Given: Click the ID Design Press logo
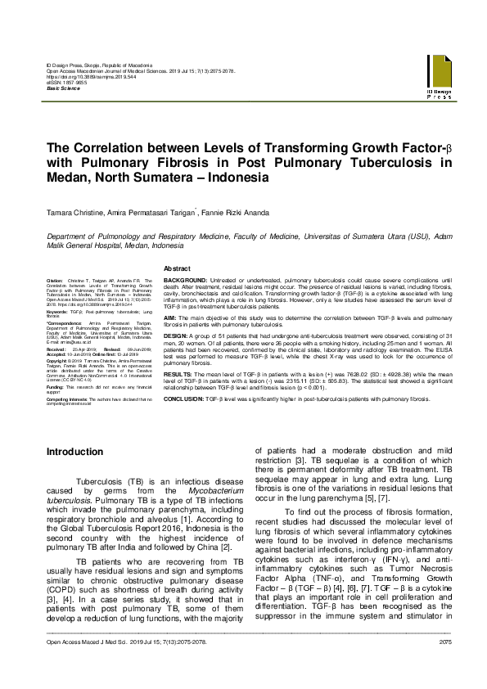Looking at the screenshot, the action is point(438,78).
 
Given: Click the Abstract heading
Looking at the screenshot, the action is point(178,268).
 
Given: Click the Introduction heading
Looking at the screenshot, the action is point(74,452).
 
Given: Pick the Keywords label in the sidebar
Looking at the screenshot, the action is point(57,313).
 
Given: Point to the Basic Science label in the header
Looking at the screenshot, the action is point(63,87).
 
